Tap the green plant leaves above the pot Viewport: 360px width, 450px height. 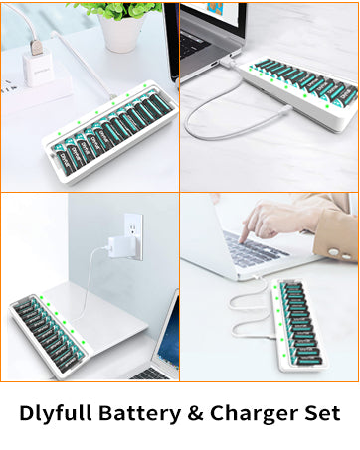(x=124, y=9)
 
